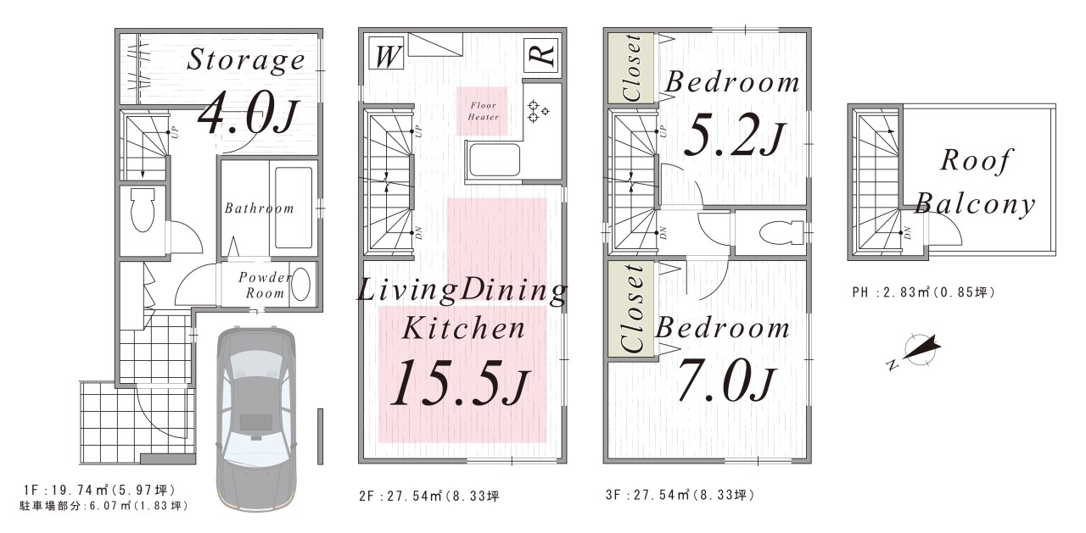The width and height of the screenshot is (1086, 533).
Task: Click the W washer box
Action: click(386, 53)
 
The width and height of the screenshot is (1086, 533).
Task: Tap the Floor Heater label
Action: click(483, 111)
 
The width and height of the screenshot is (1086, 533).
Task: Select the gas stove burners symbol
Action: click(537, 111)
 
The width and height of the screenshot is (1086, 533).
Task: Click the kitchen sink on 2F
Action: click(494, 159)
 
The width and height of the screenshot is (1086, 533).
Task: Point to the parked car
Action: click(256, 419)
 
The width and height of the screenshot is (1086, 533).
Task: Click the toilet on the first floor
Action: click(143, 210)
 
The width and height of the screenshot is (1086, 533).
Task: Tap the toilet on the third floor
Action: click(781, 232)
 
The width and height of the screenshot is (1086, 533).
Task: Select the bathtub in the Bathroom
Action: click(294, 208)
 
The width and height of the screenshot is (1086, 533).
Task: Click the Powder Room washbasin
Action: click(301, 285)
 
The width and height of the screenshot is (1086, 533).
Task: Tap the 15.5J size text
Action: click(459, 382)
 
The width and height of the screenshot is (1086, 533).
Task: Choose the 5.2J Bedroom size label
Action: click(734, 137)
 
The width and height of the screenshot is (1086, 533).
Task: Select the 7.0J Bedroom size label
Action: click(726, 382)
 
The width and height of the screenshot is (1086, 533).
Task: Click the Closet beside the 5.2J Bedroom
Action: click(631, 68)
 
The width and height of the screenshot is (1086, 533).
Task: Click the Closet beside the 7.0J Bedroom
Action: click(631, 310)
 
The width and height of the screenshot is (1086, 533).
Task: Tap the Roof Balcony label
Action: click(975, 181)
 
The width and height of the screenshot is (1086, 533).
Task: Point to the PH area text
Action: click(924, 292)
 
